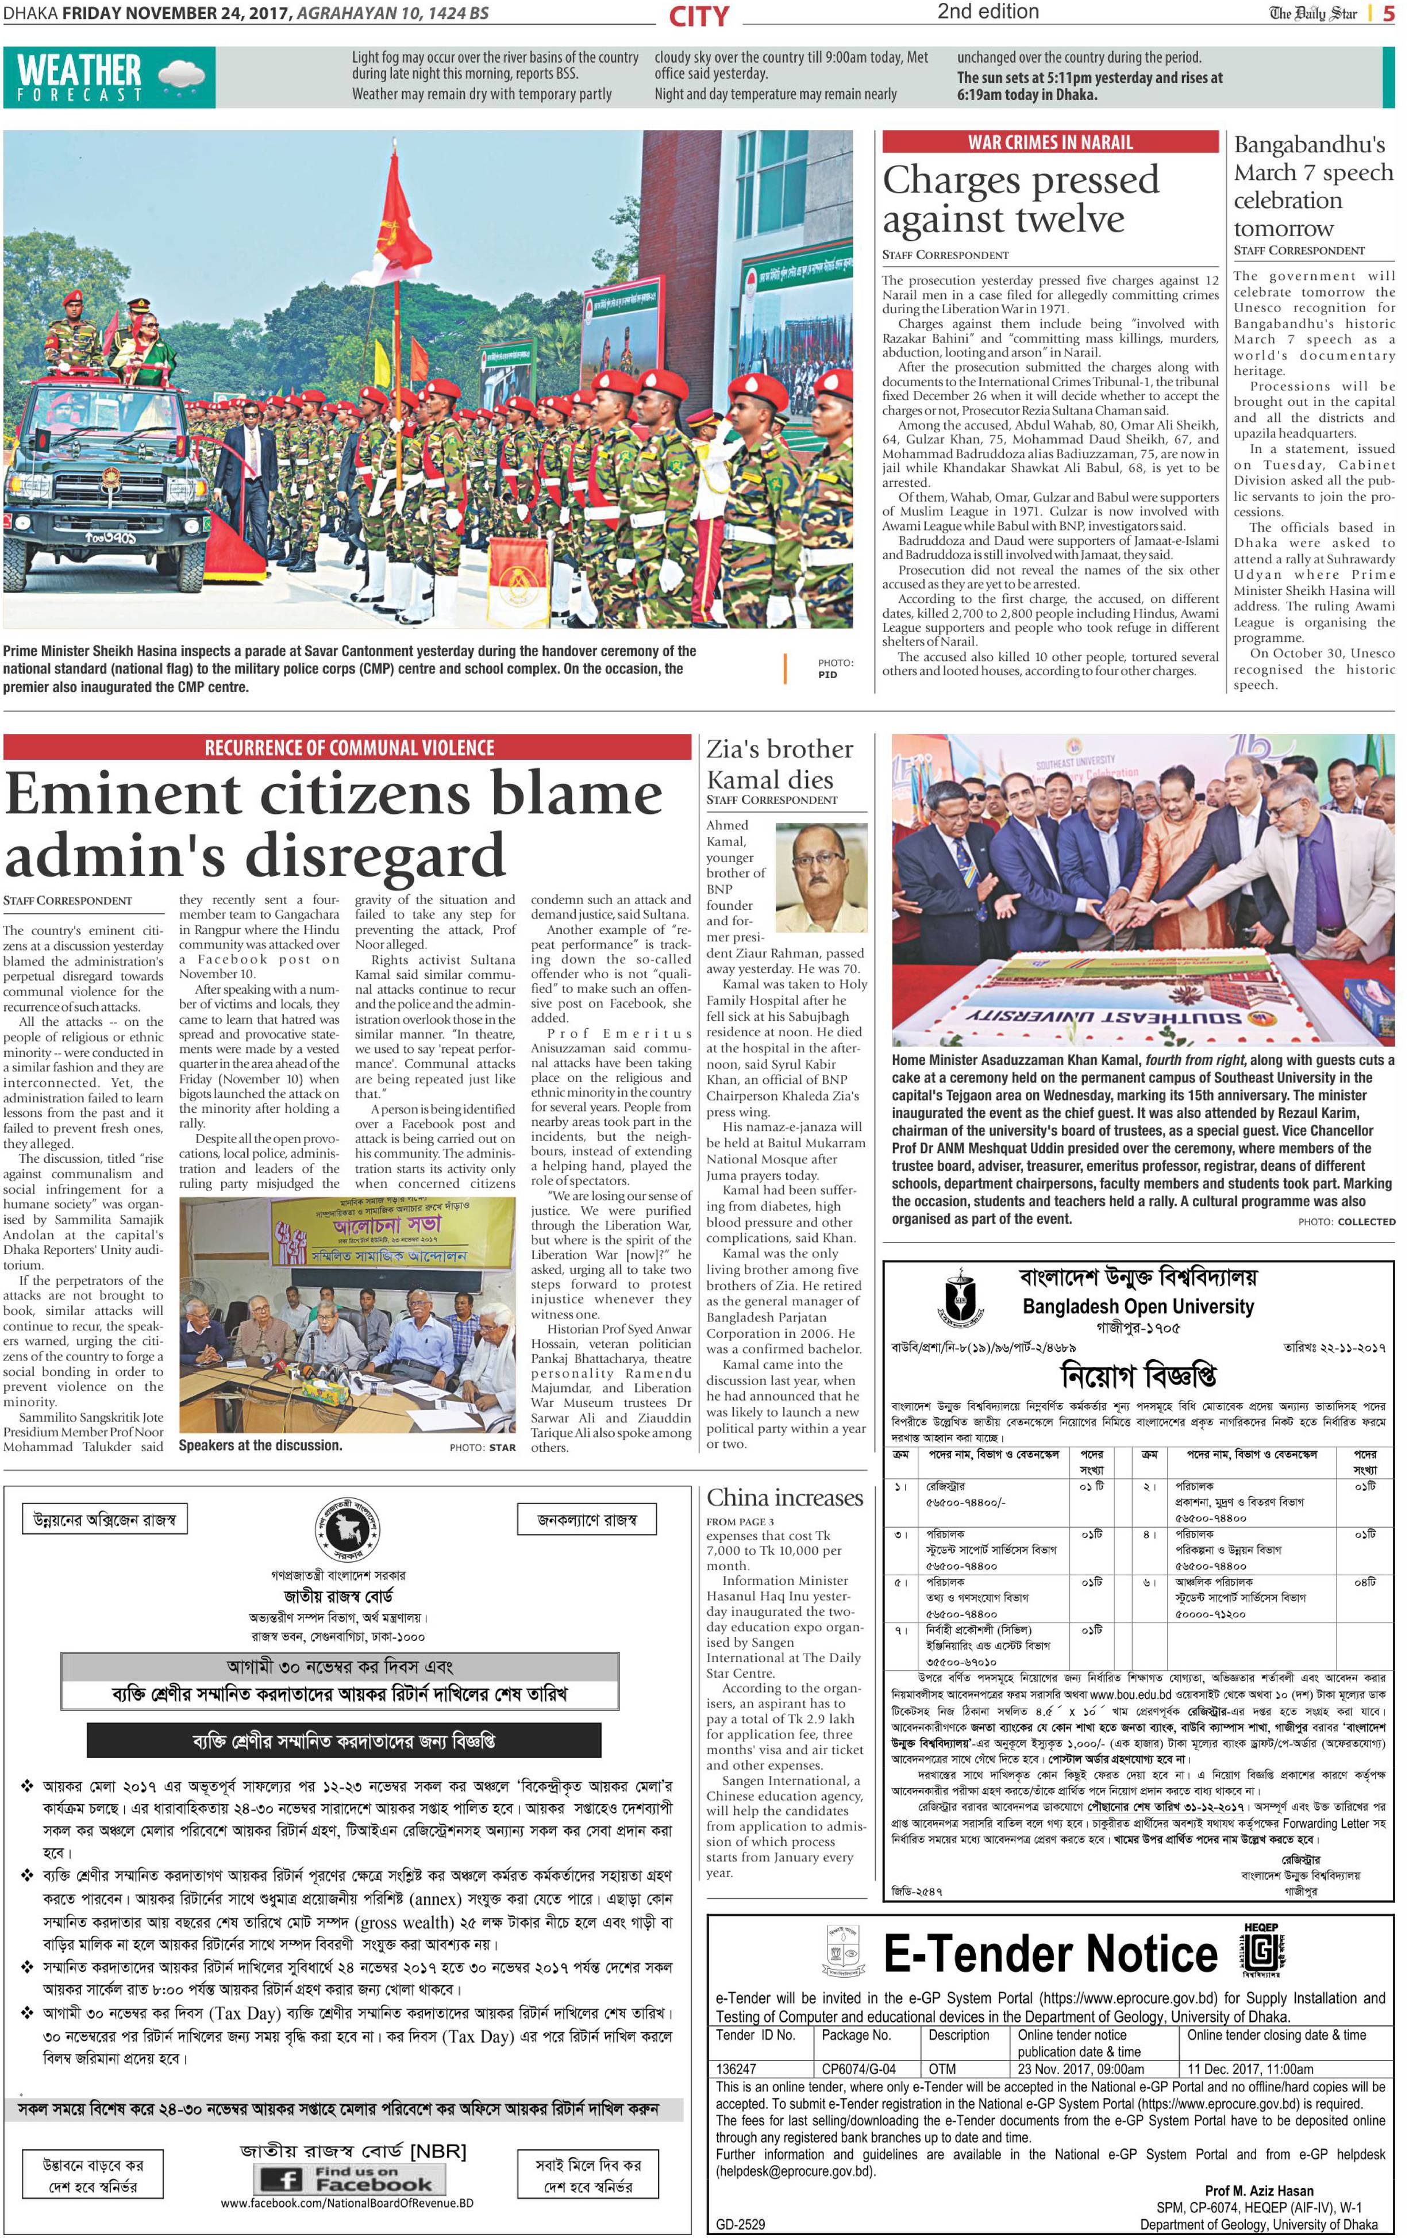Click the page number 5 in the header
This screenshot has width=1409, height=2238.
click(1388, 13)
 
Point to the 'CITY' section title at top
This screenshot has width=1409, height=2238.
click(699, 16)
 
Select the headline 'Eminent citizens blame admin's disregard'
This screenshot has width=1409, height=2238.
click(334, 824)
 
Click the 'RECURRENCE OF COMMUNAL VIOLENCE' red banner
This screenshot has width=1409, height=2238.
click(349, 747)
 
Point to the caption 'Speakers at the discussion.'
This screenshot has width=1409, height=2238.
click(260, 1445)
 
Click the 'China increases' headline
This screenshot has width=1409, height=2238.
click(784, 1497)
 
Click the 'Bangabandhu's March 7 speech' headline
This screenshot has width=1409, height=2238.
click(1312, 186)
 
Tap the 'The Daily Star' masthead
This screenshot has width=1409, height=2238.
click(1312, 13)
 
